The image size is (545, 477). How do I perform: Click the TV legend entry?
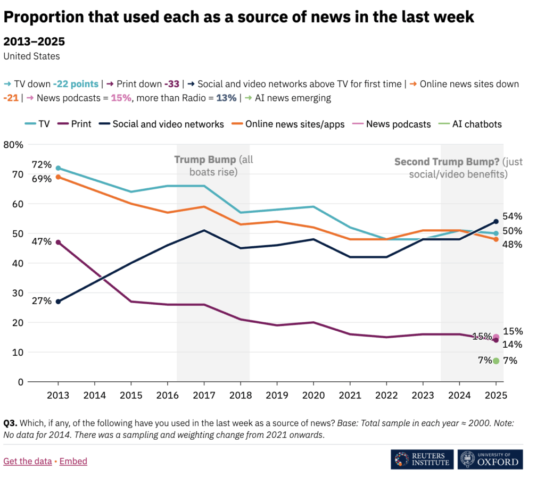(37, 124)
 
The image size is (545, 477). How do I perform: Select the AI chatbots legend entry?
(470, 124)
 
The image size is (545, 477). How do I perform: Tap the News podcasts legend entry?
(391, 124)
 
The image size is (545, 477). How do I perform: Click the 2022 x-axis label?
(386, 395)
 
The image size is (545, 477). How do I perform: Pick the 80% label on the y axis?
(13, 145)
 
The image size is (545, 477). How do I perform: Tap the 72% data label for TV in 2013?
(42, 164)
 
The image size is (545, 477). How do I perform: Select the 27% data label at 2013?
(42, 300)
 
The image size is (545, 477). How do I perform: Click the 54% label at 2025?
(513, 216)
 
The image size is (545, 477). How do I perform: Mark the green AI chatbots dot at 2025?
(496, 361)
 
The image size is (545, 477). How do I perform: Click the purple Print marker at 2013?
(58, 242)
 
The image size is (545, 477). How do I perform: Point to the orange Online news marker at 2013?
(58, 177)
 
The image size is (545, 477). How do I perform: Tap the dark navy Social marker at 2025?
(496, 222)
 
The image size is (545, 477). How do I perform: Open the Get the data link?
(28, 461)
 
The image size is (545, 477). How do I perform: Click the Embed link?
(73, 461)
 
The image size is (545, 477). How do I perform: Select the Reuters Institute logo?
(422, 459)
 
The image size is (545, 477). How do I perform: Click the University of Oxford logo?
(490, 459)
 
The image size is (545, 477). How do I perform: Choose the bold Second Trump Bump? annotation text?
(447, 162)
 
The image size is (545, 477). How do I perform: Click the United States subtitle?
(31, 56)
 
